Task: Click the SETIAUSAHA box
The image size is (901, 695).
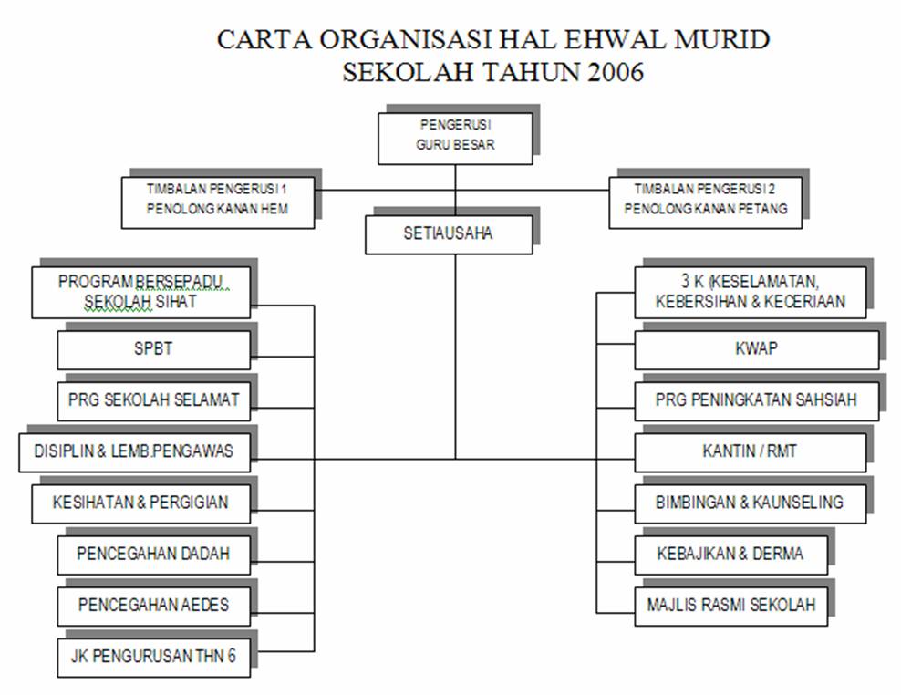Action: point(449,234)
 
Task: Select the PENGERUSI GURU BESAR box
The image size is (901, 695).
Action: point(455,139)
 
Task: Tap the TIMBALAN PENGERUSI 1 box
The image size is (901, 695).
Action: point(218,202)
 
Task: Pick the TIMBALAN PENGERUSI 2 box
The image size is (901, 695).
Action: point(705,202)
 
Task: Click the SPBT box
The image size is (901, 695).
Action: point(153,349)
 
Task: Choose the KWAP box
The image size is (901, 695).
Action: point(756,349)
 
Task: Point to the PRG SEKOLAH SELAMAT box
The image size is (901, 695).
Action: point(153,400)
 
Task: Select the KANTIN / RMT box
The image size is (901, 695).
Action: point(750,452)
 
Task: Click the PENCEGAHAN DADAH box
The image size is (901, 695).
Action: point(153,555)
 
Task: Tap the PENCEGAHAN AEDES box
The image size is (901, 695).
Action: point(153,606)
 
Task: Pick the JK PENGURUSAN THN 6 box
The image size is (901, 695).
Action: point(153,657)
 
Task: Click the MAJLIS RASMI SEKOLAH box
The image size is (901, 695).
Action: point(730,606)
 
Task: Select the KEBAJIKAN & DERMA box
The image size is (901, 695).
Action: point(730,555)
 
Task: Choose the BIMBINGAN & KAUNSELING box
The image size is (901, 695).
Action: point(750,503)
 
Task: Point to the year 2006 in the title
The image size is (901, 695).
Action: point(616,72)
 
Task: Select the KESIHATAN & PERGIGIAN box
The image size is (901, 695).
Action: point(140,503)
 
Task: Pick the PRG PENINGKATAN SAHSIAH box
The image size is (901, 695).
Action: point(756,400)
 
